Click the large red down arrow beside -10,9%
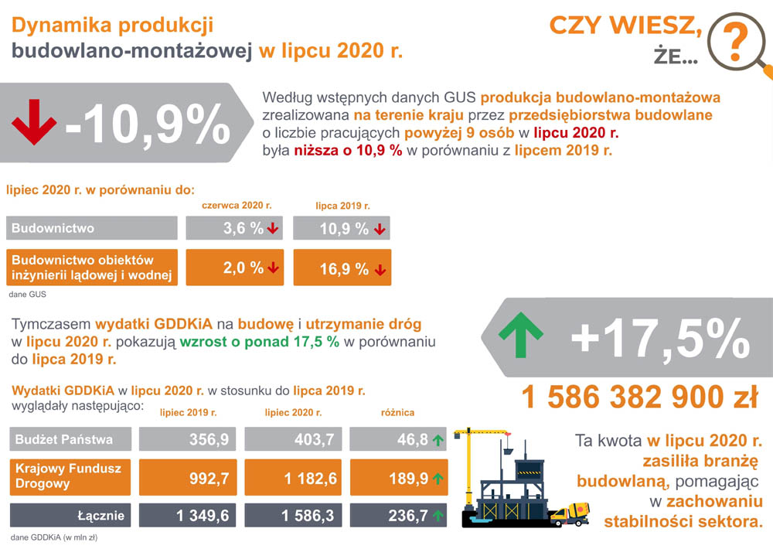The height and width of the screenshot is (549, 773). tap(34, 122)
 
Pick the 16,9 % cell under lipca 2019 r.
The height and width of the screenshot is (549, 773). tap(342, 268)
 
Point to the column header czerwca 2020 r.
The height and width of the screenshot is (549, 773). tap(237, 206)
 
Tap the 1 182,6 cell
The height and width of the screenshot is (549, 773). tap(293, 479)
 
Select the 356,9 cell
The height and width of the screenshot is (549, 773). tap(187, 440)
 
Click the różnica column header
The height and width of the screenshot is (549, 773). tap(397, 413)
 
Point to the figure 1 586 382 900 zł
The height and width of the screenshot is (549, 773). tap(639, 398)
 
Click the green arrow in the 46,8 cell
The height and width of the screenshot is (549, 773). tap(438, 441)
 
